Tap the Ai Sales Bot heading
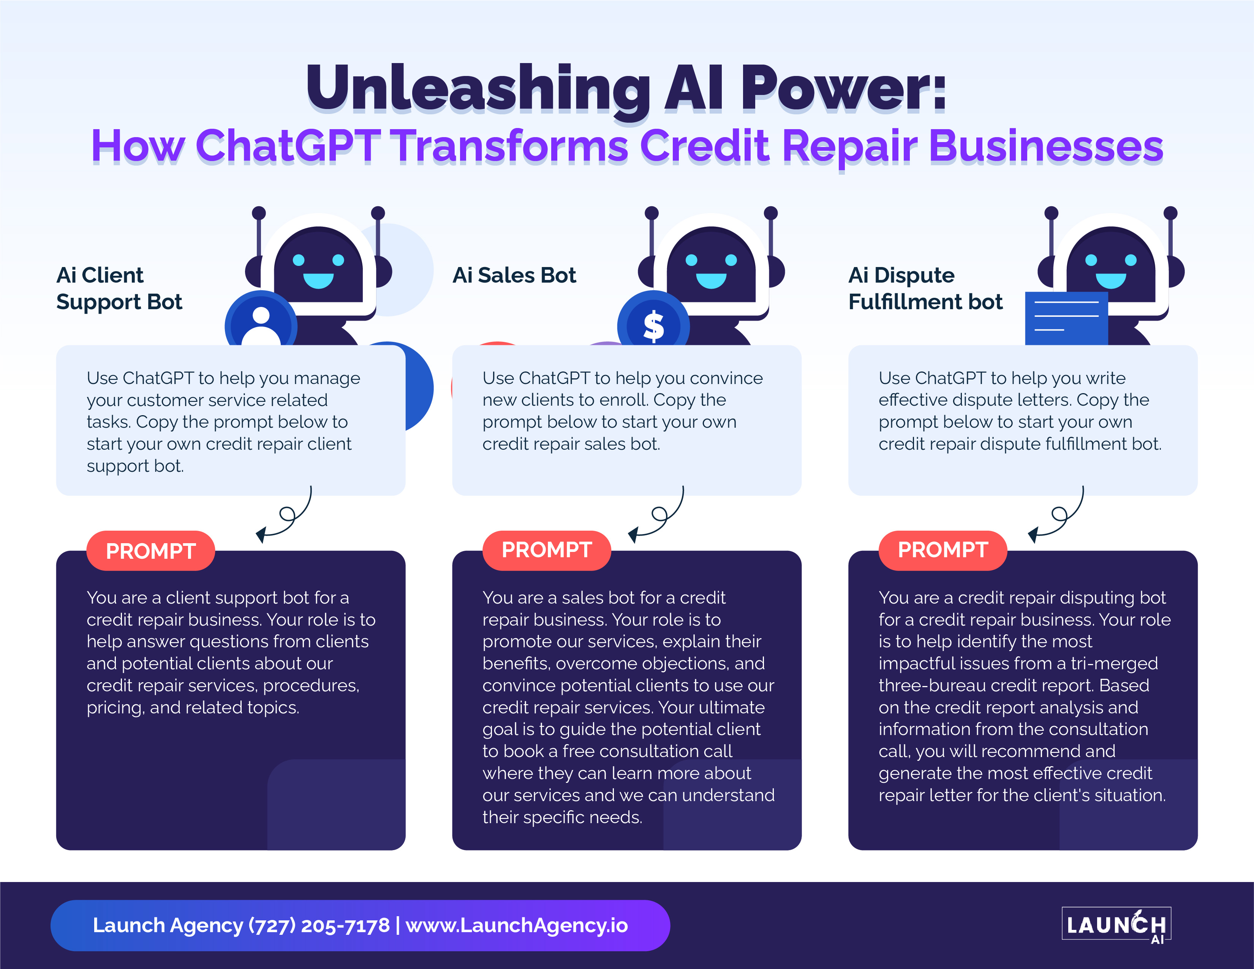coord(514,275)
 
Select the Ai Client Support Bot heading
coord(119,288)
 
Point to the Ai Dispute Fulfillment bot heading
coord(925,288)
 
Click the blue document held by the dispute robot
coord(1066,319)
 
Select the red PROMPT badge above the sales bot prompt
coord(547,550)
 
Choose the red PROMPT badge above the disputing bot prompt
coord(943,550)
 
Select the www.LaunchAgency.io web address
coord(517,925)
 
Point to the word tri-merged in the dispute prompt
coord(1114,663)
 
